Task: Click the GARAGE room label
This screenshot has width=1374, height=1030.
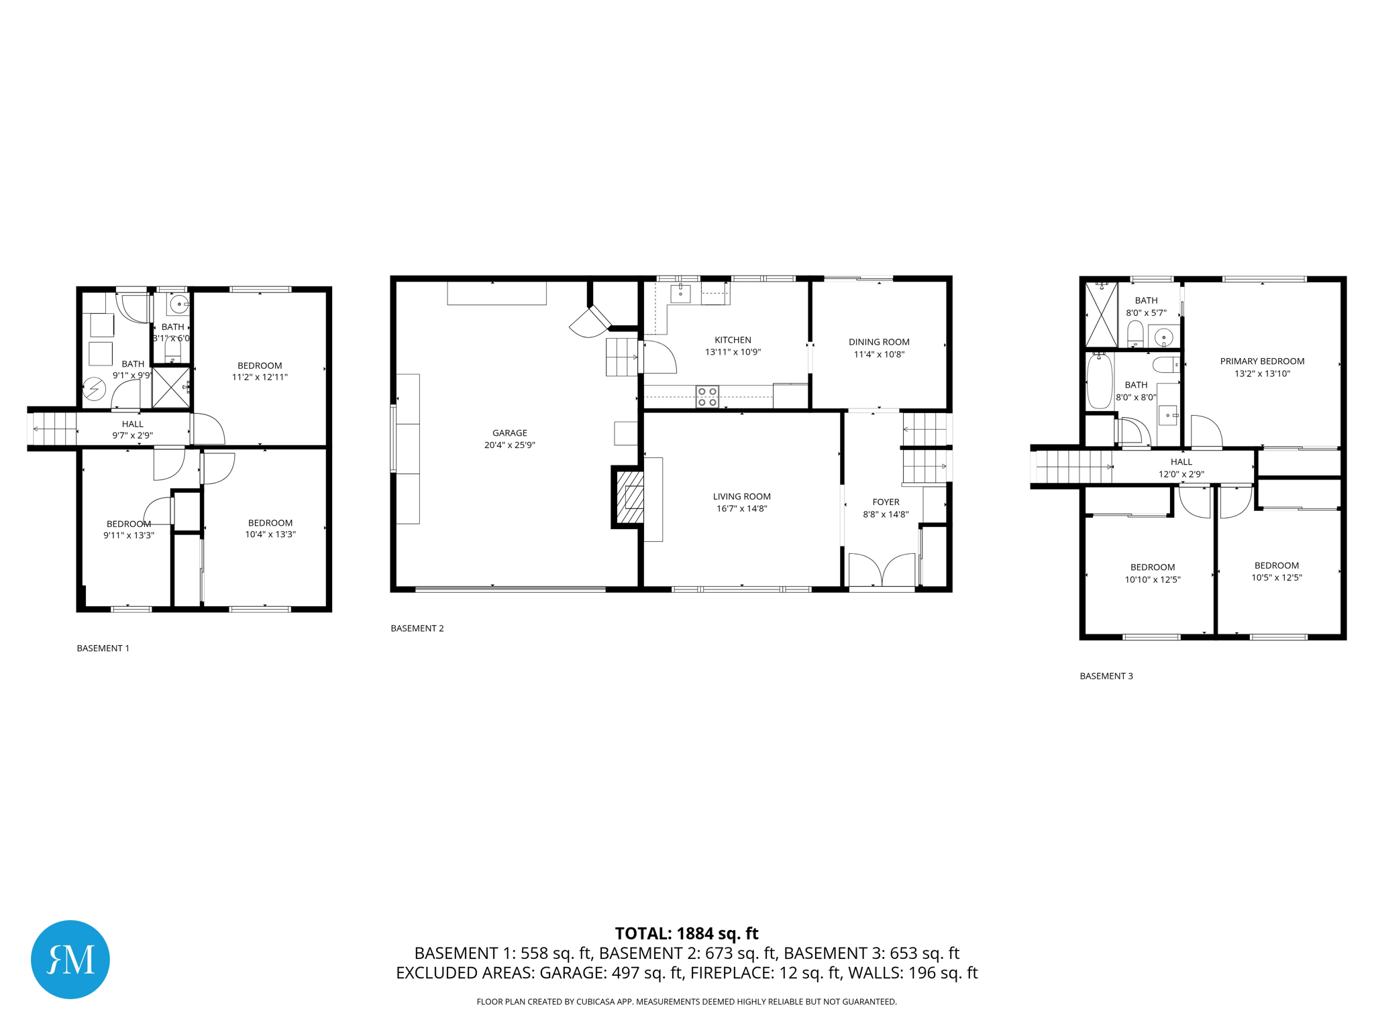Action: [509, 433]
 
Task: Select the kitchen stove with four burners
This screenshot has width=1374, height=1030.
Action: [707, 396]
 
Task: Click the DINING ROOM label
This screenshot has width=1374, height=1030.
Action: [879, 342]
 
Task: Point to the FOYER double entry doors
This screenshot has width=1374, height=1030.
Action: [882, 571]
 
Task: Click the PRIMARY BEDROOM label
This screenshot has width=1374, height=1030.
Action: [1262, 361]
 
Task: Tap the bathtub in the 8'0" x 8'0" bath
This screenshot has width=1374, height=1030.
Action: [1100, 381]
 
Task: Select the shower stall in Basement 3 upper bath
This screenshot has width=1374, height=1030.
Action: [1101, 314]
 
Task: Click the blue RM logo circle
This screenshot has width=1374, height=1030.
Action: [70, 959]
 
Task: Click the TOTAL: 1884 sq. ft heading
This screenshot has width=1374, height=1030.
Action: [686, 933]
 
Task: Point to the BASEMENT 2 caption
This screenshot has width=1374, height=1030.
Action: [417, 628]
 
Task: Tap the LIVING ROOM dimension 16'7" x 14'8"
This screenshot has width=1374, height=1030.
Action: [741, 508]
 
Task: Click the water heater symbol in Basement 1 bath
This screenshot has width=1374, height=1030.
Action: [95, 389]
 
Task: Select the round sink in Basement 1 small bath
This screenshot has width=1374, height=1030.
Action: [179, 304]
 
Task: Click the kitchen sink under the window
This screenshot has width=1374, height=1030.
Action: [680, 294]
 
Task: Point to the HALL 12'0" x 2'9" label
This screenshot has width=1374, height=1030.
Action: [1181, 467]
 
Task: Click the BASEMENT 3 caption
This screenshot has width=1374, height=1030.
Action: [1106, 676]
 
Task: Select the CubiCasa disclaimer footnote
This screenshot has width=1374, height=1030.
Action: [686, 1002]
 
